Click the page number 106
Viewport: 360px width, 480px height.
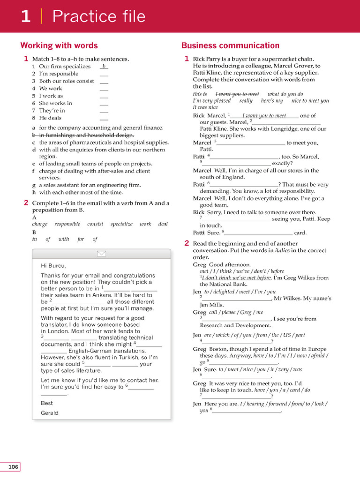[x=13, y=466]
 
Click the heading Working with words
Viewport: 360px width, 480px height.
[x=59, y=45]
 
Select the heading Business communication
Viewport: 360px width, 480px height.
[x=230, y=45]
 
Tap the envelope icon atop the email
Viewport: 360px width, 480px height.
[x=101, y=254]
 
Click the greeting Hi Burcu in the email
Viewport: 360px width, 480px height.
[x=53, y=266]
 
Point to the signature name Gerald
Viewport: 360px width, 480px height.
[x=50, y=413]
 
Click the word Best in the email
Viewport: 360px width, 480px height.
[x=47, y=403]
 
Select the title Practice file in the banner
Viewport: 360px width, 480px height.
[x=98, y=16]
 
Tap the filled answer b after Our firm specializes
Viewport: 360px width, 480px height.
[x=104, y=67]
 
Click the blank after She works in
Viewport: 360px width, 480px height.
[x=104, y=103]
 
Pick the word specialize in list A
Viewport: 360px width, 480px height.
[x=121, y=224]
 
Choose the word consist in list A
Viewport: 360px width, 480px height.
[x=95, y=224]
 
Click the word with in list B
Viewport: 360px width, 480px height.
[x=64, y=239]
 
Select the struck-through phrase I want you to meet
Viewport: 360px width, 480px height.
[x=237, y=94]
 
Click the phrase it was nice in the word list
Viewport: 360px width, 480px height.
[x=205, y=107]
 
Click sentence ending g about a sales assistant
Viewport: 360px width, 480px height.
[x=90, y=185]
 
